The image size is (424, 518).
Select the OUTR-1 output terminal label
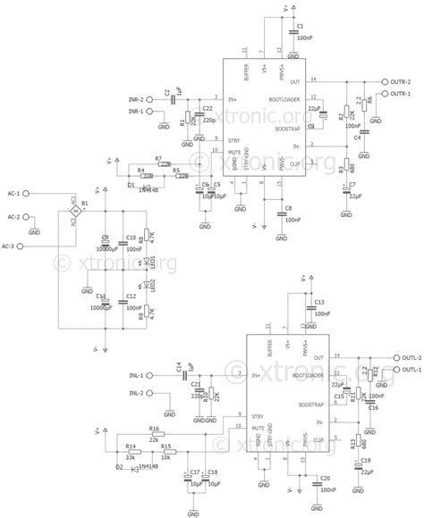pos(399,93)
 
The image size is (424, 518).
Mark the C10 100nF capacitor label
pos(131,237)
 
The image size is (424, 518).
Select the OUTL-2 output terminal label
pos(399,357)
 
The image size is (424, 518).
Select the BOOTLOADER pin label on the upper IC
pos(289,98)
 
